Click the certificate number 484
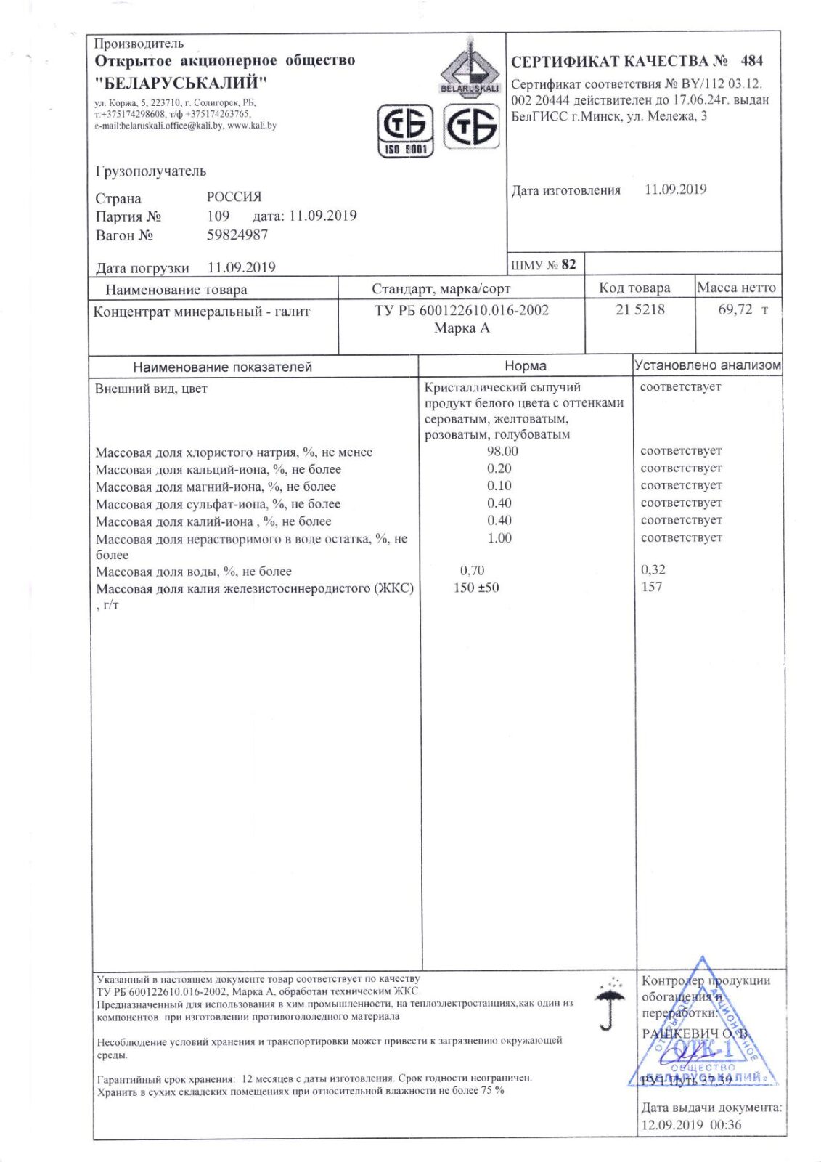[x=751, y=61]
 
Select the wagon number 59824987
[x=237, y=235]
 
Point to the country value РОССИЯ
[x=234, y=197]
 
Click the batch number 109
[x=218, y=216]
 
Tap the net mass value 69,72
[x=735, y=309]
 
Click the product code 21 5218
[x=640, y=309]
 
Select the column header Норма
[x=525, y=366]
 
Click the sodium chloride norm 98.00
[x=502, y=451]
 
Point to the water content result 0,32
[x=653, y=570]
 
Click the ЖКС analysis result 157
[x=651, y=587]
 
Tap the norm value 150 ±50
[x=476, y=588]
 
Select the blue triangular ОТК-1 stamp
[x=701, y=1031]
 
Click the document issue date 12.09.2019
[x=671, y=1124]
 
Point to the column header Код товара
[x=634, y=288]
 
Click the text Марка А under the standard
[x=462, y=328]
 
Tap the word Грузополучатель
[x=150, y=171]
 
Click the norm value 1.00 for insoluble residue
[x=499, y=538]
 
